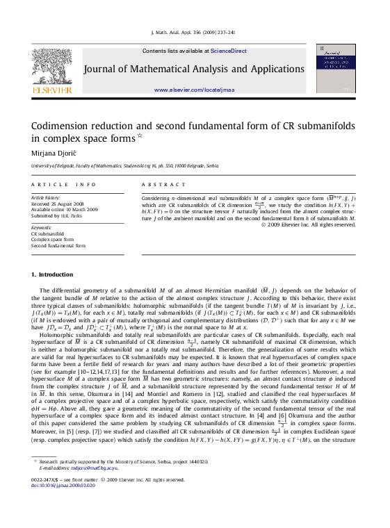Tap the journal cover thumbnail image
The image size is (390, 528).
pos(335,67)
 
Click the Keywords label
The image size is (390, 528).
pos(42,227)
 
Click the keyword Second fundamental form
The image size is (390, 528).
pos(58,246)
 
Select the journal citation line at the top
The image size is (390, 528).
pos(194,33)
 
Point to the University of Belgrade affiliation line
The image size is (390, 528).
pos(125,167)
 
